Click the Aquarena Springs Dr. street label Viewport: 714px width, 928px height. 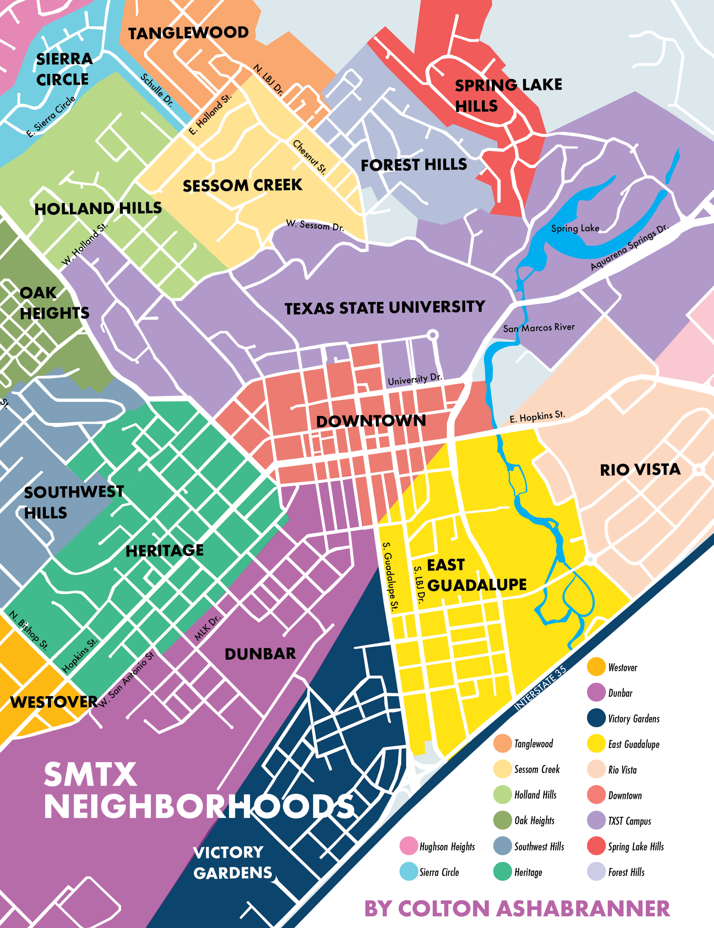(629, 247)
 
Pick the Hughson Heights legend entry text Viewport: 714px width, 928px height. (447, 847)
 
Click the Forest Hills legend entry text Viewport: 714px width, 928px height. (626, 872)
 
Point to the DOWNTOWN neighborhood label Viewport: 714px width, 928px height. (371, 421)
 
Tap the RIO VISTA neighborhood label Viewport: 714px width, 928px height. (640, 469)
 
